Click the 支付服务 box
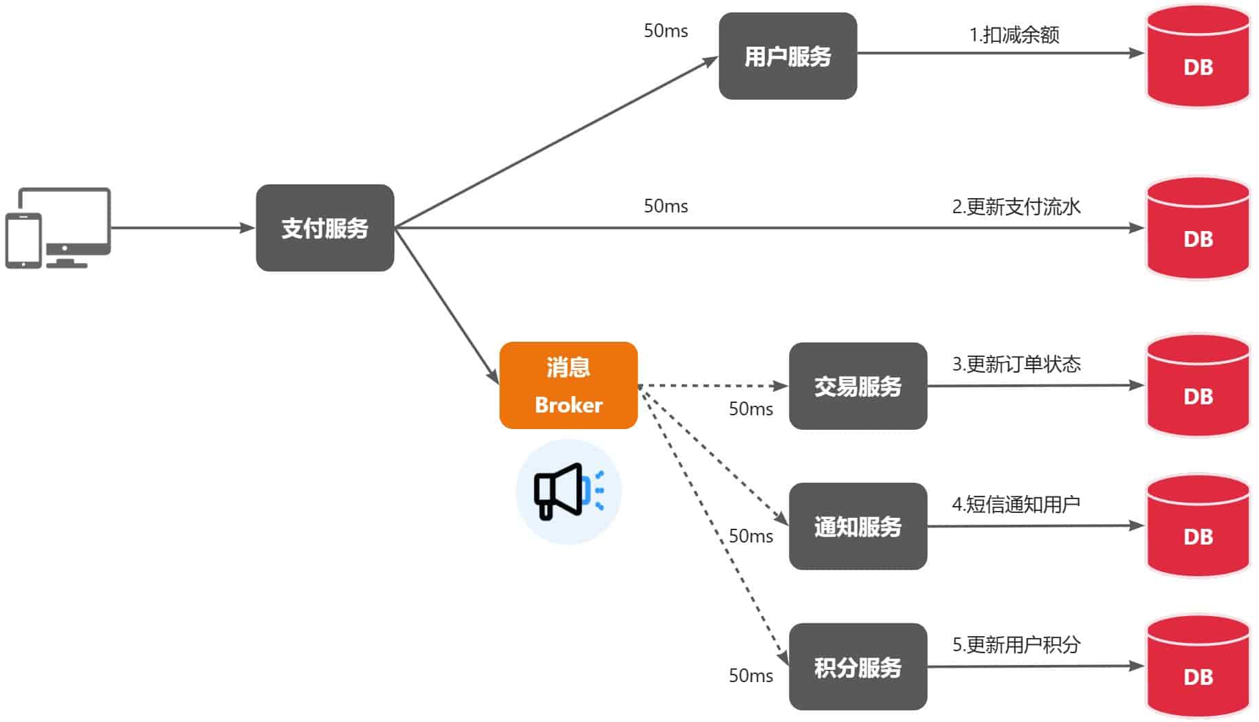(324, 228)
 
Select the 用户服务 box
(788, 56)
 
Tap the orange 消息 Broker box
(568, 385)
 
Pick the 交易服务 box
(858, 386)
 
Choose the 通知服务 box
(858, 526)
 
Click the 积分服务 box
(858, 666)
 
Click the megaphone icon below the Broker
(568, 492)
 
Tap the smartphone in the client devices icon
(23, 241)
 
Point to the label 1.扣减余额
(1014, 34)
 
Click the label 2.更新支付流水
(1016, 206)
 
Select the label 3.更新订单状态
(1016, 364)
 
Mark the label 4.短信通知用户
(1016, 504)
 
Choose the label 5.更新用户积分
(1016, 644)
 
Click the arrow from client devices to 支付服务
(182, 228)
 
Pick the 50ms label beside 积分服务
(750, 675)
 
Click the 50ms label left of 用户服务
(665, 31)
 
